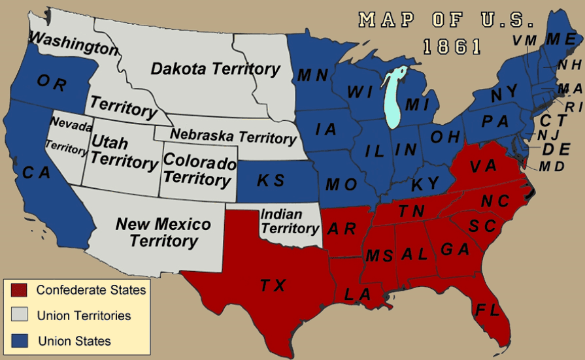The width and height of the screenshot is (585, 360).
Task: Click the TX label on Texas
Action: click(273, 285)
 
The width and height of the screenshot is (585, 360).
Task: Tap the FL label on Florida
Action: click(488, 309)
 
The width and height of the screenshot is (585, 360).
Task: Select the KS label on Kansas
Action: click(271, 180)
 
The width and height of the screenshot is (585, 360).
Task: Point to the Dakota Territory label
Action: click(215, 69)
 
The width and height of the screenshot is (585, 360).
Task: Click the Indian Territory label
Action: click(290, 221)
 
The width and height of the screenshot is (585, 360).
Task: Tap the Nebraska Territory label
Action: click(233, 136)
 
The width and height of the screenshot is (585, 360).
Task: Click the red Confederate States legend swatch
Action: click(19, 289)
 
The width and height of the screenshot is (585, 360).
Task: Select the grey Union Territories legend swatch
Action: click(19, 315)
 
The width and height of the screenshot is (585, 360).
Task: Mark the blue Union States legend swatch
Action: click(19, 340)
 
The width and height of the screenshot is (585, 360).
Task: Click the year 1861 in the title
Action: click(452, 46)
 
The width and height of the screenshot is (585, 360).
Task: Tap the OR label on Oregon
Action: click(52, 82)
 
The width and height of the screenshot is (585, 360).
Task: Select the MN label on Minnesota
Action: click(312, 75)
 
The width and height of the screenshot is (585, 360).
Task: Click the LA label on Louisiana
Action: click(358, 295)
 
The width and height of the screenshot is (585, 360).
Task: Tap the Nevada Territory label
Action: click(68, 136)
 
